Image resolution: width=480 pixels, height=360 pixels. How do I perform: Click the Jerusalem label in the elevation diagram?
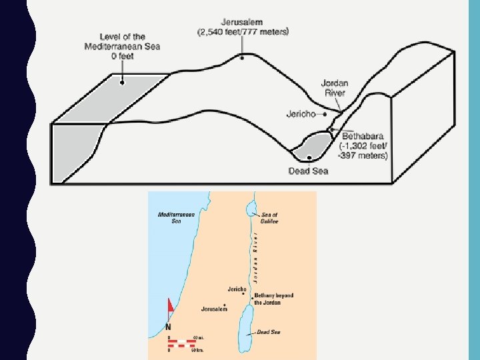tap(243, 21)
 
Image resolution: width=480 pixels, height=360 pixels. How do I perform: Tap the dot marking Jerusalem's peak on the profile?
tap(242, 58)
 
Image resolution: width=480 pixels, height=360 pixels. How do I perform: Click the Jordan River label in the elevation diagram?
tap(335, 88)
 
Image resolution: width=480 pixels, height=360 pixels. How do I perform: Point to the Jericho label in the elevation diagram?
tap(301, 114)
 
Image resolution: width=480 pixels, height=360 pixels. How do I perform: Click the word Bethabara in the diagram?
tap(363, 136)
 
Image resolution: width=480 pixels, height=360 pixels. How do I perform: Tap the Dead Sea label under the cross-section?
tap(308, 171)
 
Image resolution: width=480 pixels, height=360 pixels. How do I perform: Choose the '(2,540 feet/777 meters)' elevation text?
tap(243, 31)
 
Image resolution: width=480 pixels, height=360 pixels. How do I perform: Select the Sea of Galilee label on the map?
tap(269, 217)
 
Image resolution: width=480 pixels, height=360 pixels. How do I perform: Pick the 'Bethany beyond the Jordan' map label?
tap(273, 299)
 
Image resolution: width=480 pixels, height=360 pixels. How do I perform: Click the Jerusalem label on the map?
tap(214, 309)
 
